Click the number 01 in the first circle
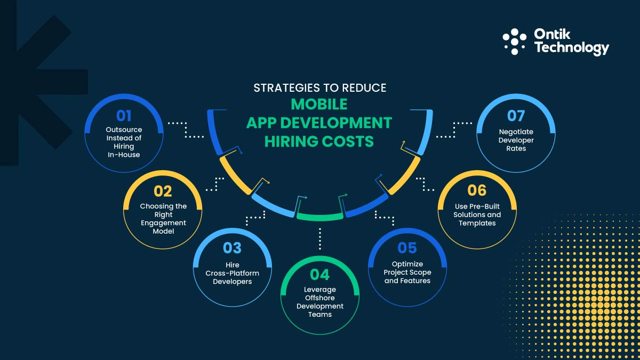(x=124, y=116)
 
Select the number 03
(x=232, y=248)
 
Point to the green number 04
(x=320, y=275)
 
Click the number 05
(x=407, y=248)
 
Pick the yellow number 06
(x=477, y=191)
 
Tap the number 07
(x=516, y=116)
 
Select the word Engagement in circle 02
(x=163, y=222)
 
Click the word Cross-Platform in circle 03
(x=233, y=273)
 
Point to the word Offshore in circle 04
(x=320, y=298)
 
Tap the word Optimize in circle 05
(x=407, y=264)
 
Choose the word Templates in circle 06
(x=477, y=223)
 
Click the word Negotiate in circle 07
(x=516, y=131)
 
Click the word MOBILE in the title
(x=319, y=103)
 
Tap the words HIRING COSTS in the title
(x=319, y=141)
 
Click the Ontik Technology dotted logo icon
(x=515, y=42)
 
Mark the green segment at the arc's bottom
(x=320, y=217)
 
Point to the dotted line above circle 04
(x=320, y=239)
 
